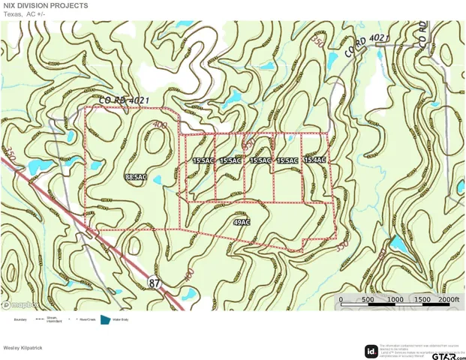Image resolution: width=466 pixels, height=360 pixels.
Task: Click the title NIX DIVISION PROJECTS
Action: (46, 5)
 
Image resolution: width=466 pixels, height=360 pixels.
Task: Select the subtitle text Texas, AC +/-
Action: (25, 13)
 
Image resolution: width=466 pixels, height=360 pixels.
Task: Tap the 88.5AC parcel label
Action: (136, 177)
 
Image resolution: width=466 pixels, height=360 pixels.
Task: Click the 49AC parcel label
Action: (242, 223)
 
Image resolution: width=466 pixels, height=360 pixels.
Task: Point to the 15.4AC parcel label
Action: (315, 160)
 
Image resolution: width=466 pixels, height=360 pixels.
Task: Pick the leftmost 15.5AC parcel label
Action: (203, 160)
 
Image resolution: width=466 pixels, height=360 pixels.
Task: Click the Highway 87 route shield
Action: (155, 282)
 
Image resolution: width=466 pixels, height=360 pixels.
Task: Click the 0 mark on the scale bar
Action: (341, 300)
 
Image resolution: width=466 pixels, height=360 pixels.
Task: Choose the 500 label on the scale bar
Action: (368, 300)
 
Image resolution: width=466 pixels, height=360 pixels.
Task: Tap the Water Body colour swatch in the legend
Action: (105, 319)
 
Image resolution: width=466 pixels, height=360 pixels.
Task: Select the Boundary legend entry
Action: (20, 320)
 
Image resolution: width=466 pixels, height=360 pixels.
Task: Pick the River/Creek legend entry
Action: (84, 320)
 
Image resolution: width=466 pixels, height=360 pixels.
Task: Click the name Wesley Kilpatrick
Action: (23, 348)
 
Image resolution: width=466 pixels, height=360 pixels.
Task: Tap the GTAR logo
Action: (442, 352)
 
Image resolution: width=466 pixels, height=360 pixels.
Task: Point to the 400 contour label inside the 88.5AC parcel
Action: (158, 124)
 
